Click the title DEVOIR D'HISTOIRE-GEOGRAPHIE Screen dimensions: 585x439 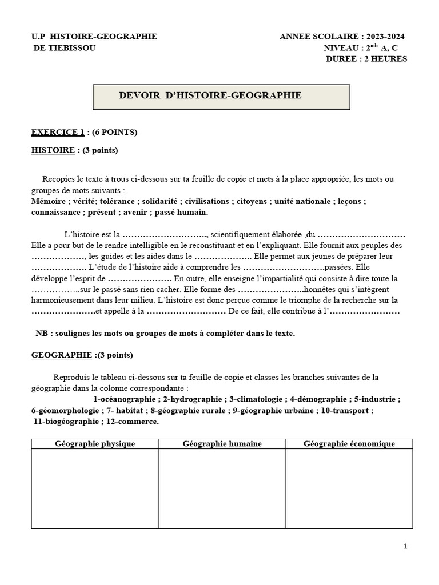pyautogui.click(x=210, y=95)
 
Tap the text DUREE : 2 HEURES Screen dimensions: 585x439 pyautogui.click(x=366, y=59)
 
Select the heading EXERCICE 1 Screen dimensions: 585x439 pyautogui.click(x=57, y=132)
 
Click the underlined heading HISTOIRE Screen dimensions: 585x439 pyautogui.click(x=53, y=150)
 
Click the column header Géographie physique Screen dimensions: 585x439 pyautogui.click(x=95, y=444)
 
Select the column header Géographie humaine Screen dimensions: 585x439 pyautogui.click(x=222, y=444)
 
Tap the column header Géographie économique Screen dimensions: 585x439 pyautogui.click(x=349, y=444)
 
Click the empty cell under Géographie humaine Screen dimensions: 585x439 pyautogui.click(x=222, y=488)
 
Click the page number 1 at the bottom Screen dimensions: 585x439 pyautogui.click(x=405, y=547)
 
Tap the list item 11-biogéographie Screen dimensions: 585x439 pyautogui.click(x=66, y=422)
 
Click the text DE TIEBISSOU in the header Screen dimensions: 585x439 pyautogui.click(x=65, y=48)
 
